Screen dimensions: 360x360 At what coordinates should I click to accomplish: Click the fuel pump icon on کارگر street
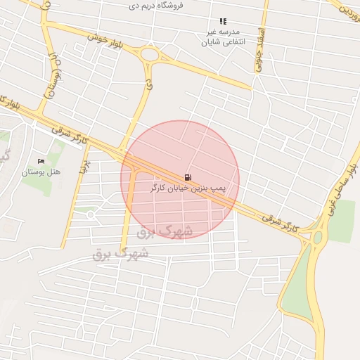pyautogui.click(x=187, y=178)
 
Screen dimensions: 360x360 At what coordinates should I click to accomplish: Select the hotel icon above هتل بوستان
pyautogui.click(x=40, y=162)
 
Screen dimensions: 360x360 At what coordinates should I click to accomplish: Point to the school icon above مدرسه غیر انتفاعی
pyautogui.click(x=223, y=22)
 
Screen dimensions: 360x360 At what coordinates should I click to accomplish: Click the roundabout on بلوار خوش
pyautogui.click(x=149, y=54)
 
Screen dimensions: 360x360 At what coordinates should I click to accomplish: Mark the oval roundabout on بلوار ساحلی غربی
pyautogui.click(x=318, y=238)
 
